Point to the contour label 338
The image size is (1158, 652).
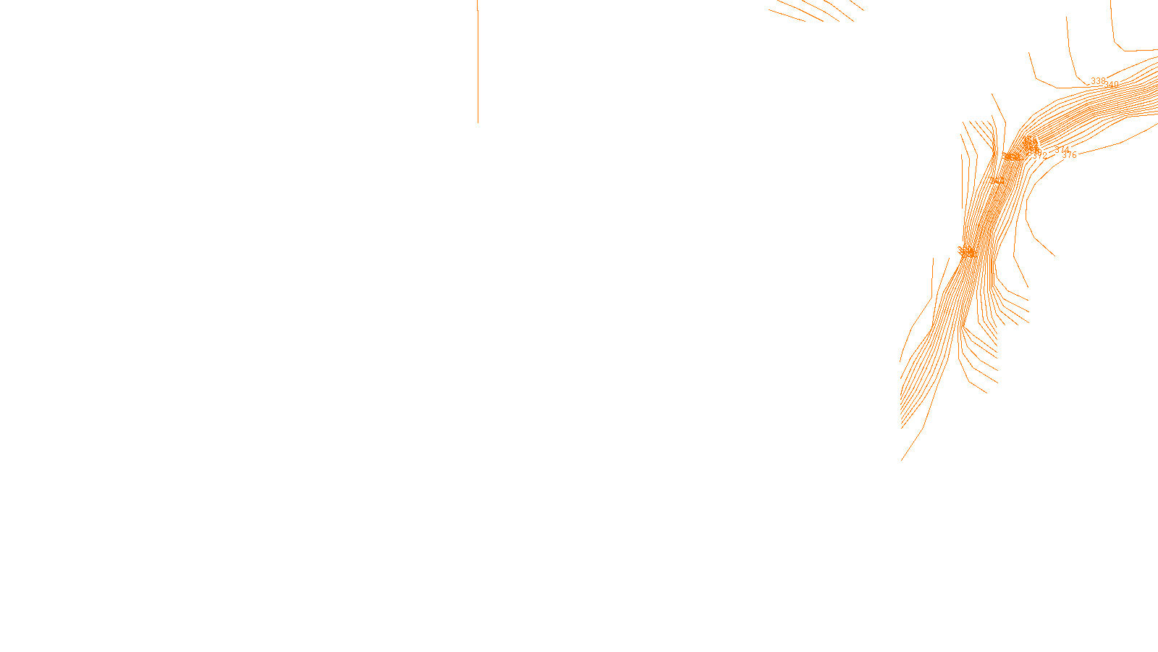coord(1098,81)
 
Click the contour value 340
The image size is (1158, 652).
coord(1112,85)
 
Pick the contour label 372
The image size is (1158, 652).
coord(1040,155)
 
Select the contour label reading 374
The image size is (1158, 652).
coord(1062,150)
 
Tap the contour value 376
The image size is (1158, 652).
coord(1069,155)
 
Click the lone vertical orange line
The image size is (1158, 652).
coord(478,62)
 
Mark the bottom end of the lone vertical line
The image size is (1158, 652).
coord(478,122)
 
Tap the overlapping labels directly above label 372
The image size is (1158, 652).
coord(1030,143)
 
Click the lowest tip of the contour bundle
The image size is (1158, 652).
coord(902,459)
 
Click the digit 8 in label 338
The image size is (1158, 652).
coord(1103,81)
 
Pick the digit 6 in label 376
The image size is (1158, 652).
coord(1074,155)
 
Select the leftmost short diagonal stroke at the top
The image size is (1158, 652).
coord(787,15)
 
